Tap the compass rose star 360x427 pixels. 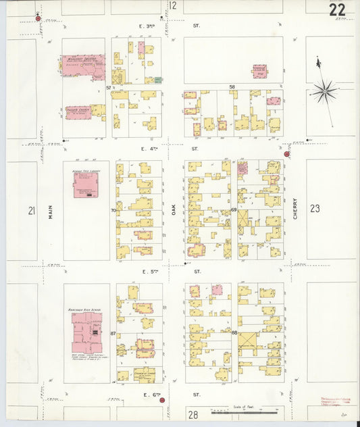point(325,89)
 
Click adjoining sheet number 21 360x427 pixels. point(31,211)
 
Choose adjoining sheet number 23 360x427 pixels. point(315,209)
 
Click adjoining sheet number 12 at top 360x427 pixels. point(173,6)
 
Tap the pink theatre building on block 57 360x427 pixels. point(83,66)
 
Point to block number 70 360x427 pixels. point(113,211)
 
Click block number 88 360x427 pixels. point(234,332)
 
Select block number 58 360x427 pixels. point(232,87)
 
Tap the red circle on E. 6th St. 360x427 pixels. point(162,401)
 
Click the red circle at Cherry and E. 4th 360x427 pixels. point(286,154)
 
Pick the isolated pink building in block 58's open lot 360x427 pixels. point(259,71)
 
